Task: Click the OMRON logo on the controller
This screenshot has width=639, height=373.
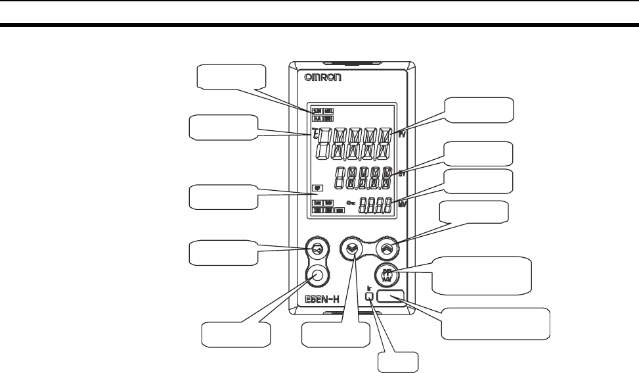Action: (x=325, y=78)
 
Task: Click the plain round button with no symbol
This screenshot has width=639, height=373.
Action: (x=317, y=276)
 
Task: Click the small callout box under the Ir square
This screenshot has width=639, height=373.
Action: (x=399, y=362)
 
